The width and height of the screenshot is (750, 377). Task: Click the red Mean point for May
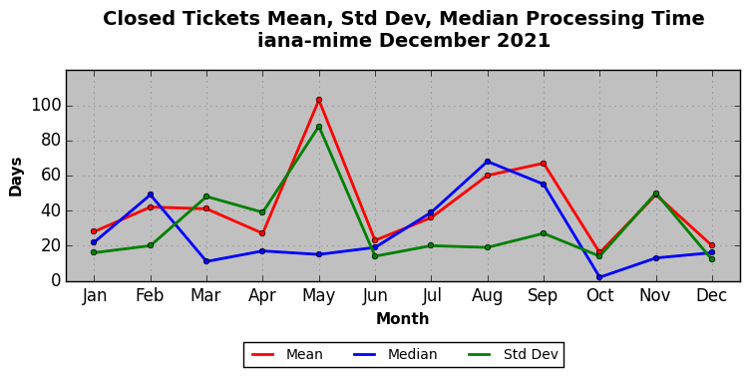point(319,100)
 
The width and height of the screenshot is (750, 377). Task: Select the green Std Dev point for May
point(319,127)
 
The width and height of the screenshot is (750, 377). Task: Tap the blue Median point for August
point(488,162)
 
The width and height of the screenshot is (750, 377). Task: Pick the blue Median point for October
point(599,277)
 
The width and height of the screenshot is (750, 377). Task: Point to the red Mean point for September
point(544,164)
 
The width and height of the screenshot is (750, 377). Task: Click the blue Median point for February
point(151,194)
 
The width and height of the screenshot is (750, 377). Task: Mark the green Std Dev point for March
point(206,196)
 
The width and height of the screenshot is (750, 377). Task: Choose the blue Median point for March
point(206,261)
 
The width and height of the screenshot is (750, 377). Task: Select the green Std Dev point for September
point(544,233)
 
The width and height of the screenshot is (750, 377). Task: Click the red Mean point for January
point(94,231)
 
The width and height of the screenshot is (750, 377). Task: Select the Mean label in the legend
point(304,354)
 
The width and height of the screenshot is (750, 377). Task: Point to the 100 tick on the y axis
point(47,106)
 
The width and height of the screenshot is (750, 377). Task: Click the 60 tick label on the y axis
point(51,176)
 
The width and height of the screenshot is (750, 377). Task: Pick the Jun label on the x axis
point(375,295)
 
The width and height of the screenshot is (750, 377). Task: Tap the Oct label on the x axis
point(599,295)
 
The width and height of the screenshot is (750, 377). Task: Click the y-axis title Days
point(15,177)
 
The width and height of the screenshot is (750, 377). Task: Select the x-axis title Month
point(402,318)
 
